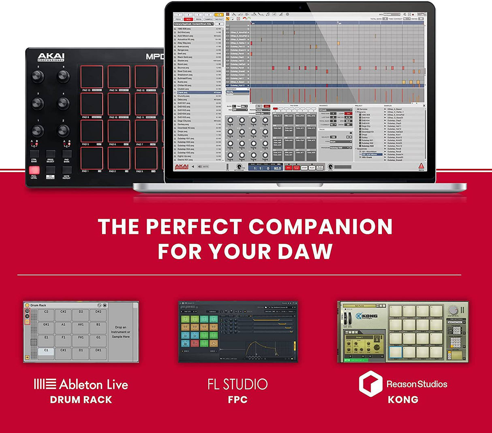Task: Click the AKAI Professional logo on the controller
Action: pos(51,58)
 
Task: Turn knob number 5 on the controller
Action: pos(38,75)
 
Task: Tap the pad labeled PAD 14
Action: pos(119,77)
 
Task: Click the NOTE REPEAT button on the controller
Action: pos(66,170)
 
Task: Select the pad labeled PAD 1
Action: pos(91,158)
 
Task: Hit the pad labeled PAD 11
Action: pos(146,104)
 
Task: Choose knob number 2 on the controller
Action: pos(63,130)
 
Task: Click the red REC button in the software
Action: pos(289,168)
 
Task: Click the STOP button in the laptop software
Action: pos(304,168)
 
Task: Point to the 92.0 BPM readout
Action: pos(277,168)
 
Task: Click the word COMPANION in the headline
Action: pos(320,226)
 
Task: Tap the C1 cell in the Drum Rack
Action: pos(46,351)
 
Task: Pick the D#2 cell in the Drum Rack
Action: pos(98,314)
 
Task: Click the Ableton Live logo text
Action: pos(81,384)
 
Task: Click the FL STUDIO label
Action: pos(237,384)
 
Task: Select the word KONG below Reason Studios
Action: pos(403,400)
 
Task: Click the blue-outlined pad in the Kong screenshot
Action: pos(396,352)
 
